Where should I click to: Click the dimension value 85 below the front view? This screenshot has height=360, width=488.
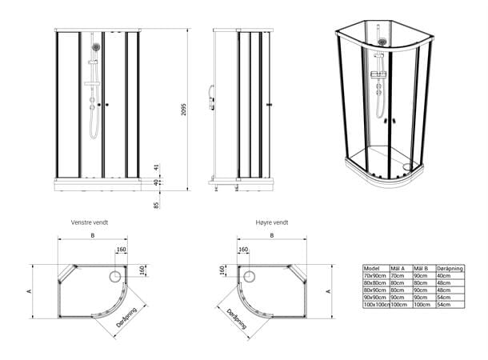pos(157,206)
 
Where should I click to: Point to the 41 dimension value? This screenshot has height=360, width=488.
pos(158,170)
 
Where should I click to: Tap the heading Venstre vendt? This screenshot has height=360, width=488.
pos(90,222)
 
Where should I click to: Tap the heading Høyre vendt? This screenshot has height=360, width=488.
pos(272,222)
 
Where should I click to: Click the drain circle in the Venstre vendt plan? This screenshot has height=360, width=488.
pos(114,276)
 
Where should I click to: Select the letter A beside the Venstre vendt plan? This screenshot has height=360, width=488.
pos(30,292)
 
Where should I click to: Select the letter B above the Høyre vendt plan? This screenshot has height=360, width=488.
pos(272,237)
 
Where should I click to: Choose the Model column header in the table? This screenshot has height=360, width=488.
pos(371,268)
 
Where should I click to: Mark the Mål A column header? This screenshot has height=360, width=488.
pos(397,268)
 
